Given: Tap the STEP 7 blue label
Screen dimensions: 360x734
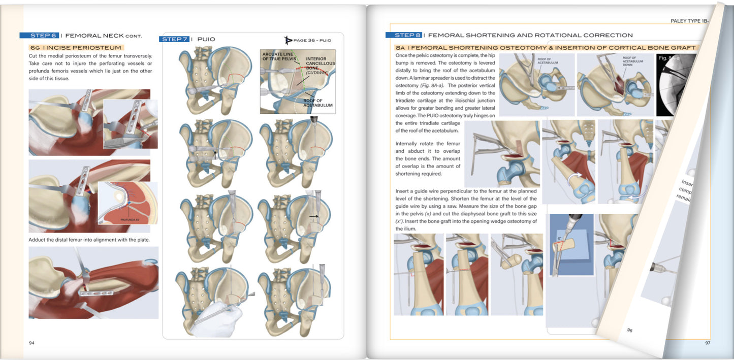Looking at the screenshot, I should click(174, 39).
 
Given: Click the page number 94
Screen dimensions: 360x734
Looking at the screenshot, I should click(31, 343).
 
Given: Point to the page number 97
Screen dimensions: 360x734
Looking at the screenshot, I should click(707, 343).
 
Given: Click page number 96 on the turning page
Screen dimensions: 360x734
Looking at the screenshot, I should click(629, 330).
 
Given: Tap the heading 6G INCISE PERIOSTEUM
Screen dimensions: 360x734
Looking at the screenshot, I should click(75, 48).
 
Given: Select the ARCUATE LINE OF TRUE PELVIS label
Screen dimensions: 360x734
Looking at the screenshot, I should click(279, 56).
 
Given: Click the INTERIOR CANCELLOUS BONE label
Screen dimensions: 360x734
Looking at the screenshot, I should click(316, 65).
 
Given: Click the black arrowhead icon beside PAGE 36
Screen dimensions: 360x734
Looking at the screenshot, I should click(289, 40).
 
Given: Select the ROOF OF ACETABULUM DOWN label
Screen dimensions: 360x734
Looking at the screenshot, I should click(632, 61).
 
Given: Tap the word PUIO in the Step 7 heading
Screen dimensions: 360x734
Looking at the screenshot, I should click(206, 39).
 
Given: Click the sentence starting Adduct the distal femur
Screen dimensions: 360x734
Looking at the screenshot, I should click(89, 239).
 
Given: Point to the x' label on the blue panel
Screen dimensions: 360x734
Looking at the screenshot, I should click(559, 238).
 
